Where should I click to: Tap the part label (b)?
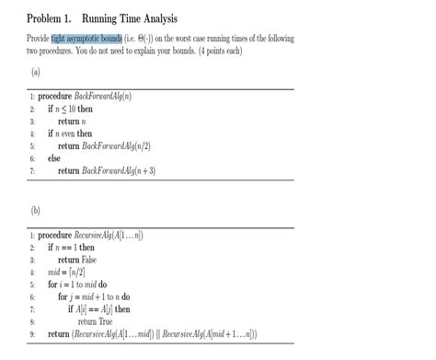35,209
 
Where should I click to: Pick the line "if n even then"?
70,134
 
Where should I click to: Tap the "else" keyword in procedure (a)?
53,158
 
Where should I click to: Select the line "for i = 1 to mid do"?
77,285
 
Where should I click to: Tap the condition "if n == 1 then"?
71,247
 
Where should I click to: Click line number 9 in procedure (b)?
31,333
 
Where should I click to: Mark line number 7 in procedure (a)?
31,170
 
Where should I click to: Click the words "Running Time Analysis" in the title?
130,19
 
